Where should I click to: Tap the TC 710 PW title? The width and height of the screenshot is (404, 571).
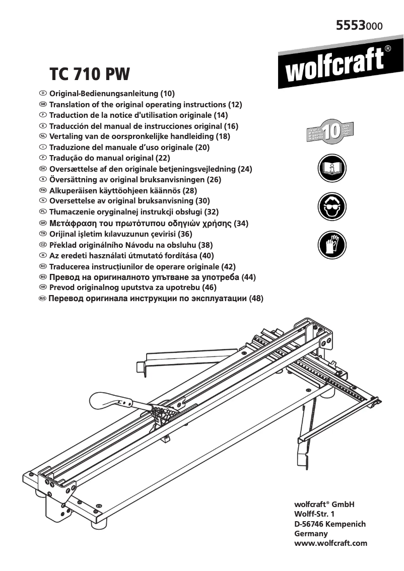pos(89,74)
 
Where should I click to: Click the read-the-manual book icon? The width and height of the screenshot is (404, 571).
pos(331,169)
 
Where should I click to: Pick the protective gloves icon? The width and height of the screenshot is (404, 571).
pos(331,245)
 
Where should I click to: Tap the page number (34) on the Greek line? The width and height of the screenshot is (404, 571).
pos(242,223)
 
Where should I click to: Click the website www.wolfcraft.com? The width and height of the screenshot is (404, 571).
pos(330,543)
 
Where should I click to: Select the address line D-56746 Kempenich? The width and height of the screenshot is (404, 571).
pos(329,524)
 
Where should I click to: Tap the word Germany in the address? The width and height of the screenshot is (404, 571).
pos(310,533)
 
